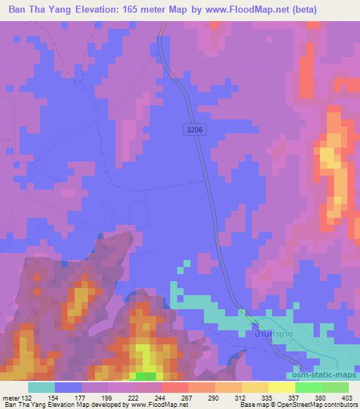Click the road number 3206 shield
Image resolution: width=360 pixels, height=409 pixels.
pos(195,129)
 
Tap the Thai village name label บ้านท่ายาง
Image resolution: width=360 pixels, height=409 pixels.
pos(267,336)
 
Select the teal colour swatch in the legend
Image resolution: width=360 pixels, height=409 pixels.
pos(41,387)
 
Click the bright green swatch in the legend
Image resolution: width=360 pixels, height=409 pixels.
pos(309,387)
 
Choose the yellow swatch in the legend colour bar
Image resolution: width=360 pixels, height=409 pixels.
pos(282,387)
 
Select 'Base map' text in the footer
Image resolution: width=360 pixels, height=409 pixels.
pos(252,405)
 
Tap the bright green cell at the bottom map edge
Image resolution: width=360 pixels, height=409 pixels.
pos(146,377)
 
